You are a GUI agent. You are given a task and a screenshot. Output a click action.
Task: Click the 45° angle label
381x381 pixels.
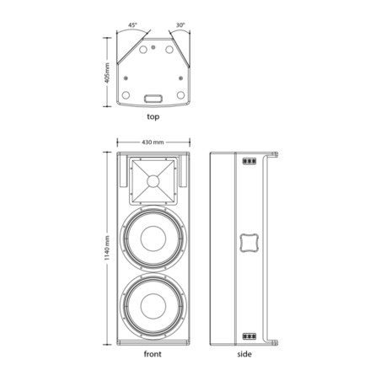click(x=132, y=25)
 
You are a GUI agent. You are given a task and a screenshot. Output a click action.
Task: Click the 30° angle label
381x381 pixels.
click(x=180, y=25)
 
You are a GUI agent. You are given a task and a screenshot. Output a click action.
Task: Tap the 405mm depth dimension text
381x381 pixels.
click(x=107, y=72)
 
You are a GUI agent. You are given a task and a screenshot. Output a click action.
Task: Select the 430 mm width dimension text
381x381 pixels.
click(x=153, y=142)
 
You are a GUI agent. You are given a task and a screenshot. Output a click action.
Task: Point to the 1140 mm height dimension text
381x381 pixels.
click(x=107, y=248)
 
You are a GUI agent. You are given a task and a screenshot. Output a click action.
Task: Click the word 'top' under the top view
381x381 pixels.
click(x=153, y=116)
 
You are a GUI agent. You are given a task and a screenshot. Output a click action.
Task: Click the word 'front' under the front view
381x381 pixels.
click(x=153, y=354)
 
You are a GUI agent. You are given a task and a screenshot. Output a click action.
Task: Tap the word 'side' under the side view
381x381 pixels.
click(x=244, y=354)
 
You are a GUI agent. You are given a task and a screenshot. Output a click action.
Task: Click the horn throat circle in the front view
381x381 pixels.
click(x=153, y=181)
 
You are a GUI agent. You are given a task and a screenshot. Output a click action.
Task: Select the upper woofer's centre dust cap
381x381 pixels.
click(x=153, y=239)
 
